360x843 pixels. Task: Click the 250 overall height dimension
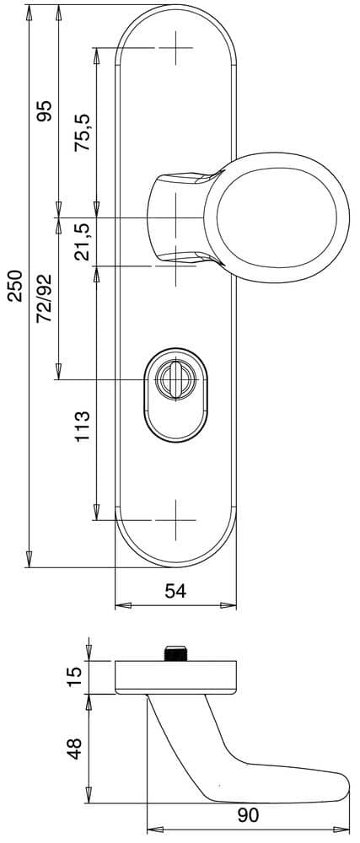16,286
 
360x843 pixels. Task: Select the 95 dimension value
46,110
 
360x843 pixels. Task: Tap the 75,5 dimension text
83,132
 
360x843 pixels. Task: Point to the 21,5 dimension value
83,242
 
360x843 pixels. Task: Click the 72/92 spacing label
46,298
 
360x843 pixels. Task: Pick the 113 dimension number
83,427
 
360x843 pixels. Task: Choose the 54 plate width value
175,591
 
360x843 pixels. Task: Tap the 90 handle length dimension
248,815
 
